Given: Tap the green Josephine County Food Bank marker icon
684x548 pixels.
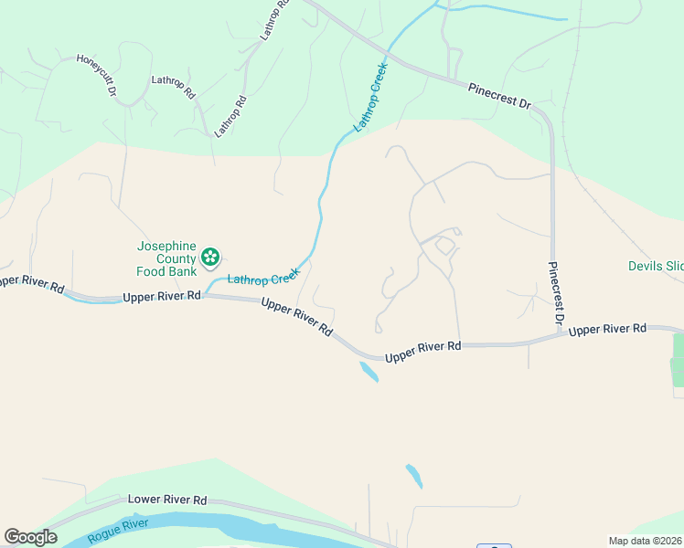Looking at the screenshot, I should click(211, 258).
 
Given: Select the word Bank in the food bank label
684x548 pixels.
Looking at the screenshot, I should click(184, 271).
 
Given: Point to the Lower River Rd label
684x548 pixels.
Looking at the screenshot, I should click(167, 501).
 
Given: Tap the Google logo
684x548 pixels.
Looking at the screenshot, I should click(30, 537).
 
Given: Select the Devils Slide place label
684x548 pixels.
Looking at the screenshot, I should click(656, 266).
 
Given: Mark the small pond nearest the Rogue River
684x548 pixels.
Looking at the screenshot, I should click(414, 476).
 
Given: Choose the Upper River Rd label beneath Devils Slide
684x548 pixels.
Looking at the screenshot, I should click(607, 329).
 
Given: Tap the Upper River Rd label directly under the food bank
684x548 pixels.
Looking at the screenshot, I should click(161, 296).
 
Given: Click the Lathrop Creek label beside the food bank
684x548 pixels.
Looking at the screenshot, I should click(263, 275).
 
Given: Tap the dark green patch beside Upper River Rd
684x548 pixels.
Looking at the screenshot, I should click(678, 361).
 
